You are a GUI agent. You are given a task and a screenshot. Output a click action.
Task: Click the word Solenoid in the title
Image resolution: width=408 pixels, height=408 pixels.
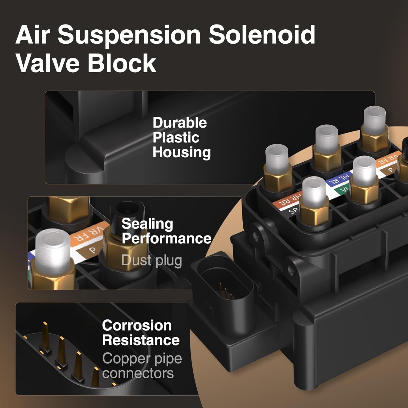tap(262, 35)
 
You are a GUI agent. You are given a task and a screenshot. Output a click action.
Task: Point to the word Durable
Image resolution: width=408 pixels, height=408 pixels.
tap(180, 123)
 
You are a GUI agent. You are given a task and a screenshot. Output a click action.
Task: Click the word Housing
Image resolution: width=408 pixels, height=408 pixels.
tap(182, 153)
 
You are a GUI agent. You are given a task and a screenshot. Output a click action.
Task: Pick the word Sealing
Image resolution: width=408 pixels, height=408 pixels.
tap(147, 224)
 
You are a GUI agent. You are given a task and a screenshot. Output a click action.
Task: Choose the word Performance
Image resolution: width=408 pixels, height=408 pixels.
tap(166, 239)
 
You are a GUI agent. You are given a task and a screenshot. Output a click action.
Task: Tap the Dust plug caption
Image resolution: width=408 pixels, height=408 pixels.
tap(152, 261)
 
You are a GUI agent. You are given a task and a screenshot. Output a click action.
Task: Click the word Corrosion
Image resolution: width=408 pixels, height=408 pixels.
tap(137, 325)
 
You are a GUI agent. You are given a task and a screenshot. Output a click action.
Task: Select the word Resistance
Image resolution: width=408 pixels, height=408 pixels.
tap(141, 340)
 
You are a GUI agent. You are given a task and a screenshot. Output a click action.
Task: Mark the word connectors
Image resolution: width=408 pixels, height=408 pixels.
tap(138, 373)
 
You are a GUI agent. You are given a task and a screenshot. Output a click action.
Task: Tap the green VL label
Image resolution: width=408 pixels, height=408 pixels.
tap(342, 189)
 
